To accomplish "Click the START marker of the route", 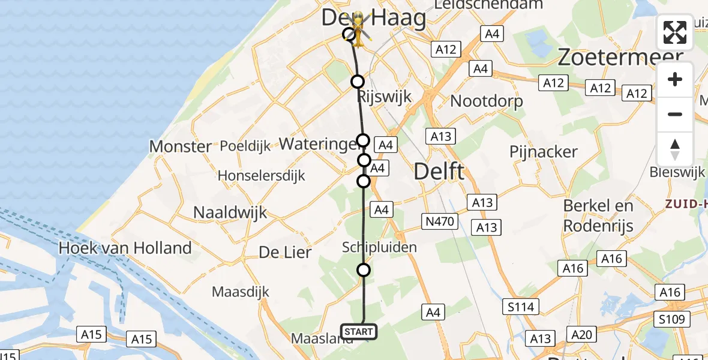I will coord(359,331).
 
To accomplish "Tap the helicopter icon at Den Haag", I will coord(358,28).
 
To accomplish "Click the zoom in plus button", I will coord(675,80).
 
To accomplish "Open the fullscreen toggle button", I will coord(675,32).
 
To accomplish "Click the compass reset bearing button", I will coord(675,149).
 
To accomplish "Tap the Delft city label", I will coord(439,172).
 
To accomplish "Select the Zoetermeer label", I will coord(620,58).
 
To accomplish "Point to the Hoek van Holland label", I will coord(125,248).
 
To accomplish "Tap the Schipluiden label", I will coord(379,247).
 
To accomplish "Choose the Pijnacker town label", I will coord(544,152).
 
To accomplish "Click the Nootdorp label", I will coord(487,101).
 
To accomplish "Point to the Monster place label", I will coord(181,146).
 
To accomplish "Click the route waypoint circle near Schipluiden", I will coord(364,270).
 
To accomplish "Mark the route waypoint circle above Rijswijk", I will coord(358,82).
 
